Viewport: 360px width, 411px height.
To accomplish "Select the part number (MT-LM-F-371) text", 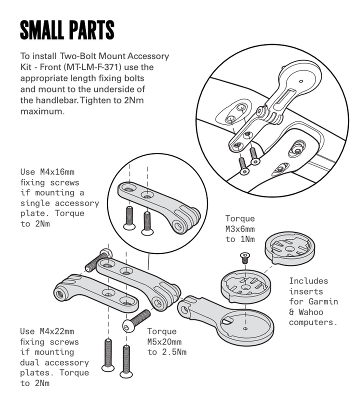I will point(95,66).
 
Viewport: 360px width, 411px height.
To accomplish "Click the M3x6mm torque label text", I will point(240,229).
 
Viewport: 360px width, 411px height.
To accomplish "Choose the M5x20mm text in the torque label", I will point(162,342).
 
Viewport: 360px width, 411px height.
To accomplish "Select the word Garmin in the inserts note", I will point(323,301).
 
